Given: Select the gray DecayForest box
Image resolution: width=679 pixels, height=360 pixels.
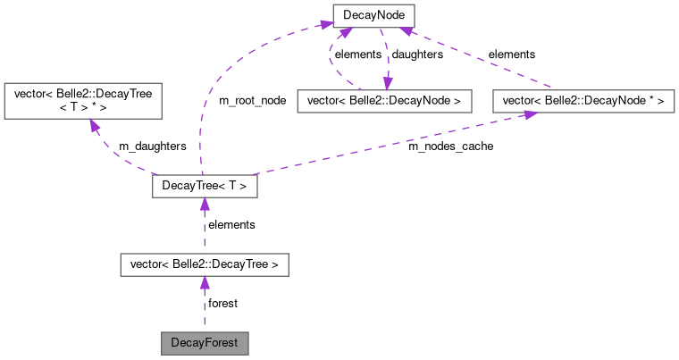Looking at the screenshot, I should [x=204, y=342].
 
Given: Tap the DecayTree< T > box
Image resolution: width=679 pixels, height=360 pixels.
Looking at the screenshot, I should [x=205, y=187].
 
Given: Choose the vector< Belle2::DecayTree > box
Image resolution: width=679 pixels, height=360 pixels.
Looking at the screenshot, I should [x=205, y=264].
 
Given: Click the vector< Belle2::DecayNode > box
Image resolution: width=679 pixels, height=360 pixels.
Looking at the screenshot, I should [x=384, y=101].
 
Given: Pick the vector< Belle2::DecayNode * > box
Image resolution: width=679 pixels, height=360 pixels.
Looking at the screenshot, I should [x=583, y=101].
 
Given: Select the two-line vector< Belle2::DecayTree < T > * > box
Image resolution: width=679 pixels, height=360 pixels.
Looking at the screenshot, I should [x=83, y=101].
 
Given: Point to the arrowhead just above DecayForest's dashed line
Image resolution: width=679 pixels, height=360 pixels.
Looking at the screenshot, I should [x=205, y=283].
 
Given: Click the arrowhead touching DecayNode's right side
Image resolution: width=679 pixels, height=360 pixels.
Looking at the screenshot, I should [x=403, y=29].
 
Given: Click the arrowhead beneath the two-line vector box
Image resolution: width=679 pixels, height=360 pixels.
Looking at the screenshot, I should [x=92, y=127].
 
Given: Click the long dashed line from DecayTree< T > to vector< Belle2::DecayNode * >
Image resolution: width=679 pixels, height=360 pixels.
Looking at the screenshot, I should [x=384, y=148].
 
